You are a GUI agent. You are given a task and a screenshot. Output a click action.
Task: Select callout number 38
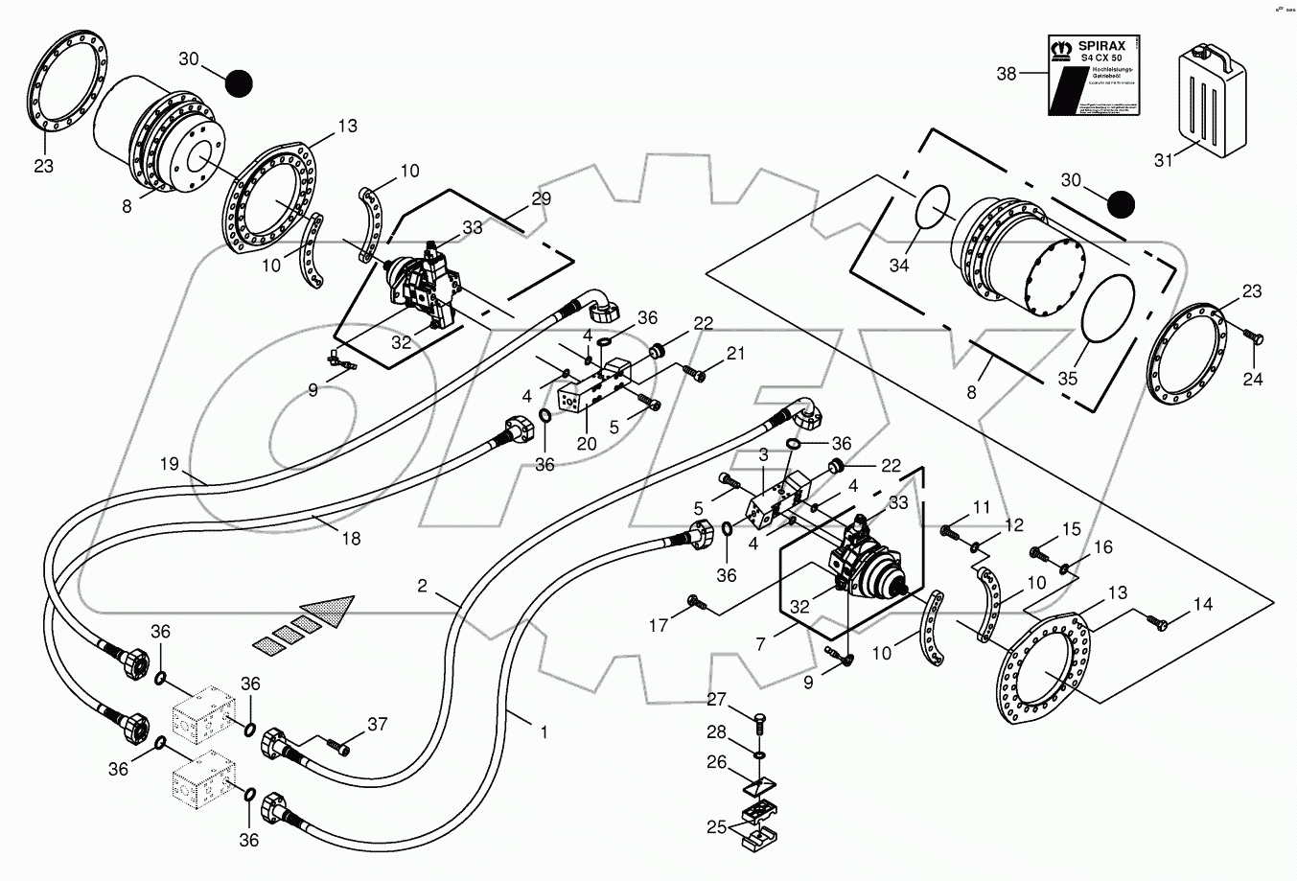(x=1006, y=73)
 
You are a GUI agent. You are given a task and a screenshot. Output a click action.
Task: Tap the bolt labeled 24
(x=1255, y=337)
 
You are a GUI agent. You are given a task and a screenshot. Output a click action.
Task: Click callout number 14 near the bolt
(x=1203, y=605)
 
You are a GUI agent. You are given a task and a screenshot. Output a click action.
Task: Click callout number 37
(x=378, y=724)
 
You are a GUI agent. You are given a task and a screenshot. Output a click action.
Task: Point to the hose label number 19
(x=170, y=465)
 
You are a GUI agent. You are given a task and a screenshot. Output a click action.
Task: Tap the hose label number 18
(x=351, y=539)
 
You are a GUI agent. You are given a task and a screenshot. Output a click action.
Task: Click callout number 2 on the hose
(x=423, y=584)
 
